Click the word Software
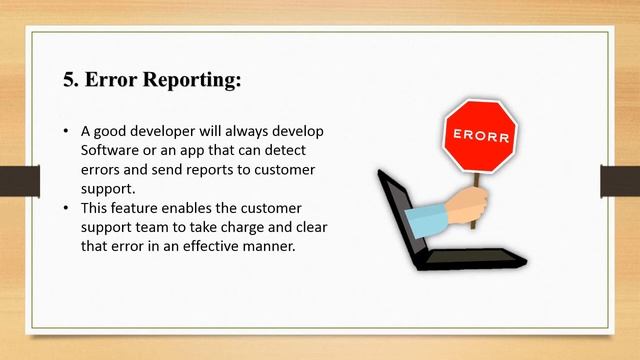110,151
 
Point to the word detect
297,151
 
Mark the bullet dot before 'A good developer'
66,132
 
